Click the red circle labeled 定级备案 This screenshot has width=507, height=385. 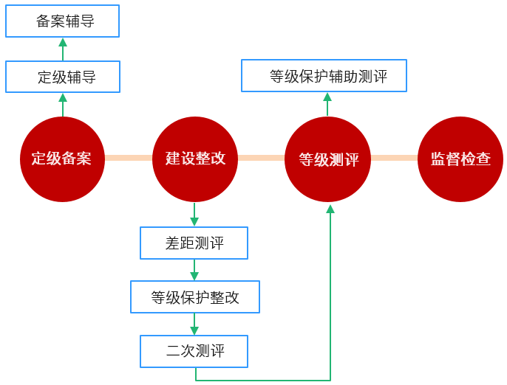pyautogui.click(x=62, y=159)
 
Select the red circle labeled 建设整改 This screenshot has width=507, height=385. pyautogui.click(x=195, y=159)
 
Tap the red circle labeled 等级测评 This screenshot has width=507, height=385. pyautogui.click(x=327, y=159)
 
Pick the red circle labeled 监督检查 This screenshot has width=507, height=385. pyautogui.click(x=460, y=159)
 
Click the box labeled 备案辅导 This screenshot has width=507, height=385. pyautogui.click(x=62, y=21)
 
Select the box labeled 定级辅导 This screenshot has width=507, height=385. pyautogui.click(x=62, y=77)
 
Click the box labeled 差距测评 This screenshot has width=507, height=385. pyautogui.click(x=194, y=243)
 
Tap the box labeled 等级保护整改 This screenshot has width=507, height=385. pyautogui.click(x=195, y=297)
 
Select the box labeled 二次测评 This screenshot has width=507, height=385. pyautogui.click(x=194, y=352)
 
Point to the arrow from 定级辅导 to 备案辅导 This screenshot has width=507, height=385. pyautogui.click(x=63, y=49)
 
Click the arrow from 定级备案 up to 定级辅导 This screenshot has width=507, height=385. pyautogui.click(x=63, y=104)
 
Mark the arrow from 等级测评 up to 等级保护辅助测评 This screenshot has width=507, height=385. pyautogui.click(x=327, y=104)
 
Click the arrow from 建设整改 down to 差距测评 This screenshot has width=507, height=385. pyautogui.click(x=194, y=214)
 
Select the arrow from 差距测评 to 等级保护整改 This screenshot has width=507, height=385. pyautogui.click(x=194, y=270)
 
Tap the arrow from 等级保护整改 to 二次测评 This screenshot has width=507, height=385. pyautogui.click(x=194, y=325)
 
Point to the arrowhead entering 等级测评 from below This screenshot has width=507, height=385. pyautogui.click(x=330, y=209)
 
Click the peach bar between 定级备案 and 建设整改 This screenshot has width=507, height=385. pyautogui.click(x=129, y=158)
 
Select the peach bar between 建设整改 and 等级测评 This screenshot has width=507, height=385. pyautogui.click(x=261, y=158)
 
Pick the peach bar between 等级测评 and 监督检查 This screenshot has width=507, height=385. pyautogui.click(x=394, y=158)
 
